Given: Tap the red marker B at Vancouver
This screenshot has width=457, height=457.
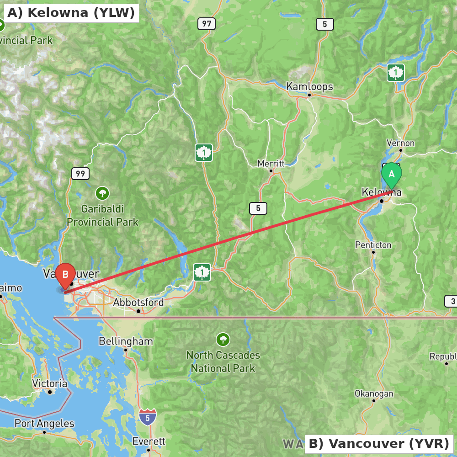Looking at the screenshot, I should click(65, 274).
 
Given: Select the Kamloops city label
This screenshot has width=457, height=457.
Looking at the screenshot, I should click(309, 86).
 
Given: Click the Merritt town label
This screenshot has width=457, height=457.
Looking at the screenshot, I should click(271, 163).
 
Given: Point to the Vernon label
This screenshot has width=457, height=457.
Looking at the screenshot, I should click(400, 143).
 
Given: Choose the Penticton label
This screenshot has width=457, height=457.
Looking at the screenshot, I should click(373, 245).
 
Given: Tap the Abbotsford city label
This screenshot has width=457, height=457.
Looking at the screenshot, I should click(138, 303).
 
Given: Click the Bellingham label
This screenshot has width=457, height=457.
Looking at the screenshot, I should click(126, 341).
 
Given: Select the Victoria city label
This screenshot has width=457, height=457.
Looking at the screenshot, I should click(50, 383).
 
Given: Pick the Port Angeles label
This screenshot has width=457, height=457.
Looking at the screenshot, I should click(44, 424).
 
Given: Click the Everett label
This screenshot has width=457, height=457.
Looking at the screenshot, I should click(149, 441).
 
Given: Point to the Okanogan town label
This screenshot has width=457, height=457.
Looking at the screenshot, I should click(374, 393).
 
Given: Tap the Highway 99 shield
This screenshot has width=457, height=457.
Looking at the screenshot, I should click(80, 174).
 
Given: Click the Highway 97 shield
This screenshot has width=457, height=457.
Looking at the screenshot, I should click(207, 24).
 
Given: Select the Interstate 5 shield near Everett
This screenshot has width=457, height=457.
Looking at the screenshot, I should click(148, 417).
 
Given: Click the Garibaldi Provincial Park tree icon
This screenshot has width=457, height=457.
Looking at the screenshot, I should click(102, 193).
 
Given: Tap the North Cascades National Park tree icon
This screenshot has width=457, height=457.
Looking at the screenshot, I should click(223, 340).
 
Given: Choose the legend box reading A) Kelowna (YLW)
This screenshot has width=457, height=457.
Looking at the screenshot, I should click(71, 13).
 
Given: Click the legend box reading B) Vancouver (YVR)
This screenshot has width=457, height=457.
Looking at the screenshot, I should click(379, 443).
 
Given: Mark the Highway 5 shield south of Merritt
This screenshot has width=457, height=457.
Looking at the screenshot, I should click(258, 208).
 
